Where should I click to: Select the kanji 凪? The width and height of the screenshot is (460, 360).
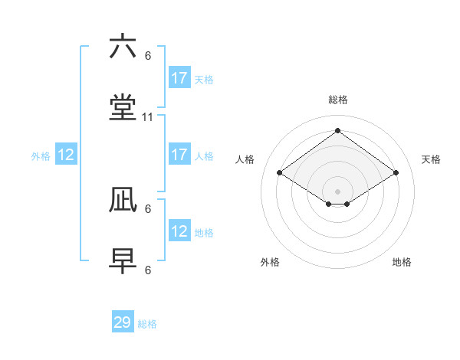point(123,201)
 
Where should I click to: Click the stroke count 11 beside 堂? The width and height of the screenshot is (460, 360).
point(148,117)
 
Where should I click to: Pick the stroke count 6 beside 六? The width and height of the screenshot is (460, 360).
point(148,55)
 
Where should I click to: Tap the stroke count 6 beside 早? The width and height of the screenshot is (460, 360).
point(148,270)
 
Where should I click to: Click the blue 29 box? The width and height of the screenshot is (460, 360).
point(123,322)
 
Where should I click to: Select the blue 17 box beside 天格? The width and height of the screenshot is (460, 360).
point(179,78)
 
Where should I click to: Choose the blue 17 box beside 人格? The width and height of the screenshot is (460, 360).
point(179,155)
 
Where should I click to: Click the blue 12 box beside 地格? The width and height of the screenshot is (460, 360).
point(179,231)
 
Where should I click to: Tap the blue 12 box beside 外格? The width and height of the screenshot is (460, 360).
point(66,155)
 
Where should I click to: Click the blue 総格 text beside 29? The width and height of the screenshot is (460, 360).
point(147,324)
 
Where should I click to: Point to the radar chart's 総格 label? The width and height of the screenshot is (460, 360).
point(338,100)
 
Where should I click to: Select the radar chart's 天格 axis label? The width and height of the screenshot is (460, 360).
point(431,159)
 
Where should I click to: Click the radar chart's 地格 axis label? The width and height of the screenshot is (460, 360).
point(402,262)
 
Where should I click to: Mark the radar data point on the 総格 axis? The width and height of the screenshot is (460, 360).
point(337,130)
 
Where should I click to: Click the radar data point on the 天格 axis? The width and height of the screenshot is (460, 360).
point(396,173)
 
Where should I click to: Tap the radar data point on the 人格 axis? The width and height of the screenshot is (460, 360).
point(280,173)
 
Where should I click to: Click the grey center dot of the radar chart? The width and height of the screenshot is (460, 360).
point(337,191)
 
